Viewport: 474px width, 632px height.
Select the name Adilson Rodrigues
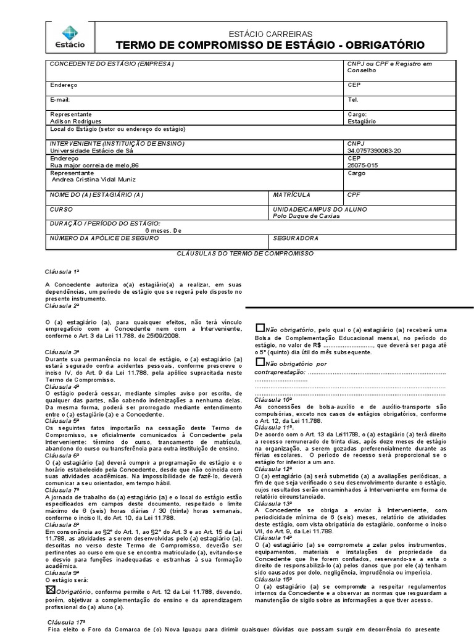pyautogui.click(x=75, y=122)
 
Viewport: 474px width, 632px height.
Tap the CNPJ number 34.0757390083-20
pyautogui.click(x=374, y=150)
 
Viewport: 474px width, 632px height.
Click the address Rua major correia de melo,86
pyautogui.click(x=94, y=165)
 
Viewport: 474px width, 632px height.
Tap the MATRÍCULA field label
pyautogui.click(x=291, y=194)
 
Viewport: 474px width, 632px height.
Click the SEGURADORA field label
pyautogui.click(x=295, y=238)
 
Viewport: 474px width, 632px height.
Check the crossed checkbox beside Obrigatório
pyautogui.click(x=51, y=590)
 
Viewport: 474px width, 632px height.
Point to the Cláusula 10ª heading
pyautogui.click(x=274, y=400)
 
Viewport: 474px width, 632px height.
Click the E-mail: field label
pyautogui.click(x=60, y=99)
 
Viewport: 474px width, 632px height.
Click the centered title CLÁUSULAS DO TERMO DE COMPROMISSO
pyautogui.click(x=245, y=254)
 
